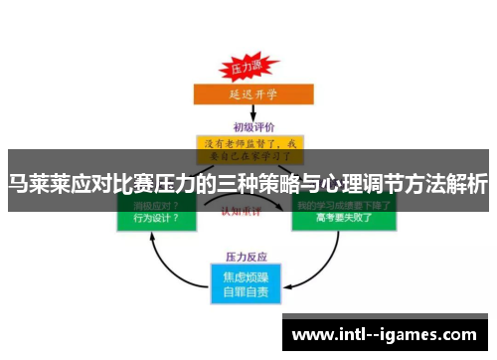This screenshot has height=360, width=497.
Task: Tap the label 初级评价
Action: [248, 126]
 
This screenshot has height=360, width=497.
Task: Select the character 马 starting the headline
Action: [18, 184]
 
